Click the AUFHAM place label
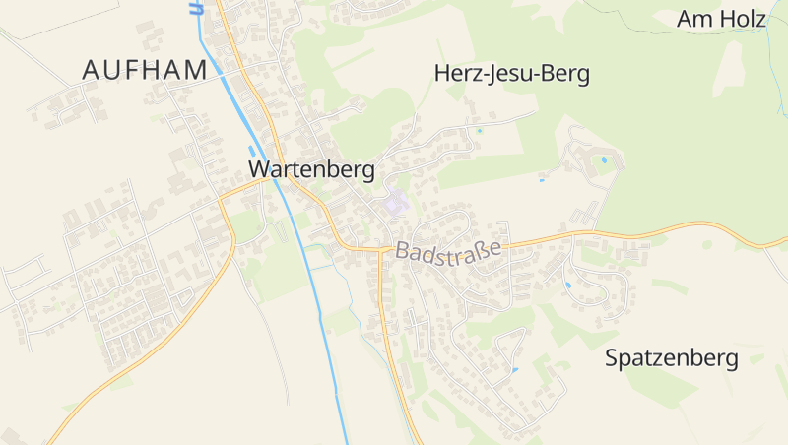tap(145, 70)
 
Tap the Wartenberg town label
tap(311, 169)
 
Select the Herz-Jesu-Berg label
tap(511, 74)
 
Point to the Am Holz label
tap(722, 19)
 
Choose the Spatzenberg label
tap(672, 358)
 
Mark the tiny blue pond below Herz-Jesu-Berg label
tap(480, 130)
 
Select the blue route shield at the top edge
tap(196, 7)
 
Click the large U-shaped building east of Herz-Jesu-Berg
tap(591, 158)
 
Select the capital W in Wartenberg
tap(259, 169)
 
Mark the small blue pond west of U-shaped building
tap(542, 179)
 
